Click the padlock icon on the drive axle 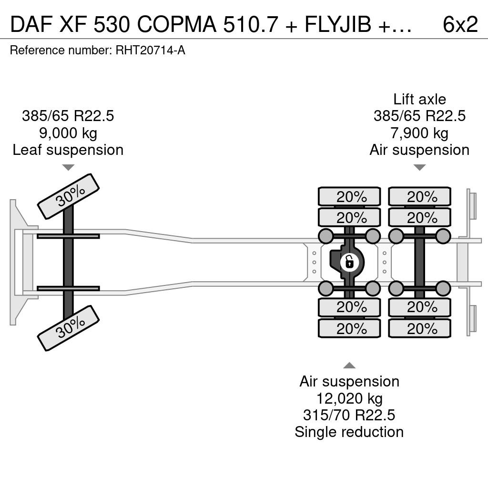click(x=350, y=263)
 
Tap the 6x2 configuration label click(x=460, y=24)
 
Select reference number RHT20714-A click(x=150, y=50)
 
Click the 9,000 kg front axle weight click(x=68, y=133)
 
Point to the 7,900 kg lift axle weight click(x=419, y=133)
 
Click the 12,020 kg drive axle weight click(x=349, y=398)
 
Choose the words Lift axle click(x=419, y=99)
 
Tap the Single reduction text click(x=349, y=432)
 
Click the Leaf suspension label click(x=68, y=150)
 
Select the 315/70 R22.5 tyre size click(x=349, y=415)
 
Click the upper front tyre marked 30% click(x=68, y=196)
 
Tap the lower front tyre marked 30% click(x=68, y=328)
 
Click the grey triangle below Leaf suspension click(x=68, y=168)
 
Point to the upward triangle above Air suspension click(x=349, y=365)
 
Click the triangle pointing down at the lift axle click(x=419, y=168)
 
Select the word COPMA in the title click(x=177, y=24)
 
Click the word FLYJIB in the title click(x=338, y=24)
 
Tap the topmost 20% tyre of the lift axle click(x=419, y=196)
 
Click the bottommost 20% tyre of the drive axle click(x=349, y=328)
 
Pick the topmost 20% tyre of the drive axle click(x=349, y=196)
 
